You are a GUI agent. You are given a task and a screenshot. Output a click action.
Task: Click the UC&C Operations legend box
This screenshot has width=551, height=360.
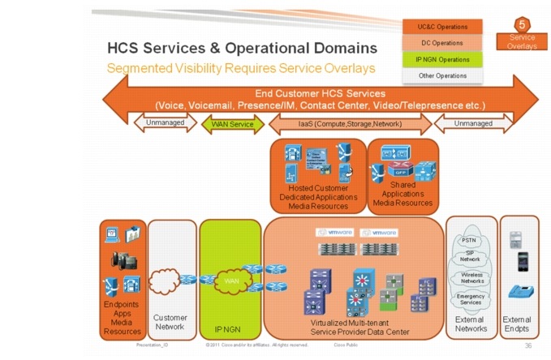pyautogui.click(x=442, y=26)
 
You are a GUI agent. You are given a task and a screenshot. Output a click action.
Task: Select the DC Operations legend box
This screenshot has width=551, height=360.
pyautogui.click(x=442, y=42)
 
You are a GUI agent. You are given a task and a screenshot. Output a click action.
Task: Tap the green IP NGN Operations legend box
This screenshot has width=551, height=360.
pyautogui.click(x=442, y=59)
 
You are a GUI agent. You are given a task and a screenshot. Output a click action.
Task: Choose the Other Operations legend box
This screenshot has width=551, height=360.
pyautogui.click(x=442, y=75)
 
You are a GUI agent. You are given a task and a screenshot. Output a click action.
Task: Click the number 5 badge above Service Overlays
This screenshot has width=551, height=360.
pyautogui.click(x=523, y=25)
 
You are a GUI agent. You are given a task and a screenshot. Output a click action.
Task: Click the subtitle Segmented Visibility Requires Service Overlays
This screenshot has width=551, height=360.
pyautogui.click(x=241, y=67)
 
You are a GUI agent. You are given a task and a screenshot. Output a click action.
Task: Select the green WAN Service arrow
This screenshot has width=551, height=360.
pyautogui.click(x=233, y=124)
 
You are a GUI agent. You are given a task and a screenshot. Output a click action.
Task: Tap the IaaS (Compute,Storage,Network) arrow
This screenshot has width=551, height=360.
pyautogui.click(x=350, y=124)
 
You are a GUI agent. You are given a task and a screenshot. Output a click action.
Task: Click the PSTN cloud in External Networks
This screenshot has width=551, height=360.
pyautogui.click(x=469, y=241)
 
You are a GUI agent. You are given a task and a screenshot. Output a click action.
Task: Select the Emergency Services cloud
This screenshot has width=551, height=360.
pyautogui.click(x=471, y=299)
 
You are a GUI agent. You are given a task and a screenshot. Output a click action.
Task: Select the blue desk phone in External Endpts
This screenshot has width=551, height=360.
pyautogui.click(x=519, y=292)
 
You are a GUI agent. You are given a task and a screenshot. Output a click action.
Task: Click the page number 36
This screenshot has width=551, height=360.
pyautogui.click(x=528, y=345)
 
